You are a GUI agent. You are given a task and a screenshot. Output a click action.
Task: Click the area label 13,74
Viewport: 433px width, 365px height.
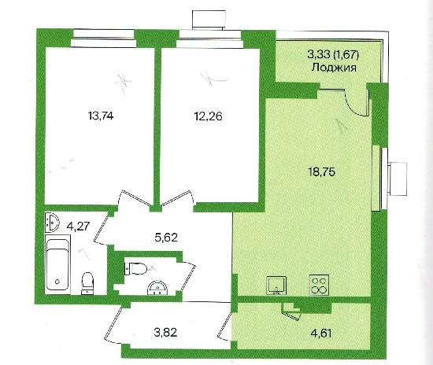pyautogui.click(x=101, y=116)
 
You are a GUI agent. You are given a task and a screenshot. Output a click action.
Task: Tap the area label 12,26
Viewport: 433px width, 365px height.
pyautogui.click(x=209, y=116)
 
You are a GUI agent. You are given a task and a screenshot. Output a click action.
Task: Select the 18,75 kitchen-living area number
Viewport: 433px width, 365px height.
pyautogui.click(x=321, y=171)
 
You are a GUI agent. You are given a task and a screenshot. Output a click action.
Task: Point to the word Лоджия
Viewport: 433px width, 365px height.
pyautogui.click(x=334, y=68)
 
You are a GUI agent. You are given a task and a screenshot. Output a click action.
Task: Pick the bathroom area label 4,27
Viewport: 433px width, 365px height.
pyautogui.click(x=79, y=227)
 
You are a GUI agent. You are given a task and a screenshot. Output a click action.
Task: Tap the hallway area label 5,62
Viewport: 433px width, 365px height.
pyautogui.click(x=165, y=238)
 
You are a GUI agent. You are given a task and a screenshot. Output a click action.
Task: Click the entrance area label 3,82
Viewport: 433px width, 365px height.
pyautogui.click(x=165, y=333)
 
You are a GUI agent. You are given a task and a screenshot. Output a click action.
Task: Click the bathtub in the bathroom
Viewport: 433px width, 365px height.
pyautogui.click(x=57, y=264)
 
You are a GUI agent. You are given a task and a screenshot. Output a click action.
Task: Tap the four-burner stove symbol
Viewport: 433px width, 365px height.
pyautogui.click(x=319, y=285)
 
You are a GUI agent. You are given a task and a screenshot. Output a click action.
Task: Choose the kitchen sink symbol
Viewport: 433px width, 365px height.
pyautogui.click(x=276, y=286)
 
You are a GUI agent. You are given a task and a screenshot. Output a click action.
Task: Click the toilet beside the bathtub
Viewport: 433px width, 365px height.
pyautogui.click(x=87, y=283)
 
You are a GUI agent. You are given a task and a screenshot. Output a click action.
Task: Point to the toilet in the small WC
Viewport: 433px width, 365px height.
pyautogui.click(x=135, y=268)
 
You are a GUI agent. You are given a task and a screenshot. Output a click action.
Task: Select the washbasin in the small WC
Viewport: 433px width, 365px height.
pyautogui.click(x=157, y=289)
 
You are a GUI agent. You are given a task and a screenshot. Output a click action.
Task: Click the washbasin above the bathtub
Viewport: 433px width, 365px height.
pyautogui.click(x=52, y=222)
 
